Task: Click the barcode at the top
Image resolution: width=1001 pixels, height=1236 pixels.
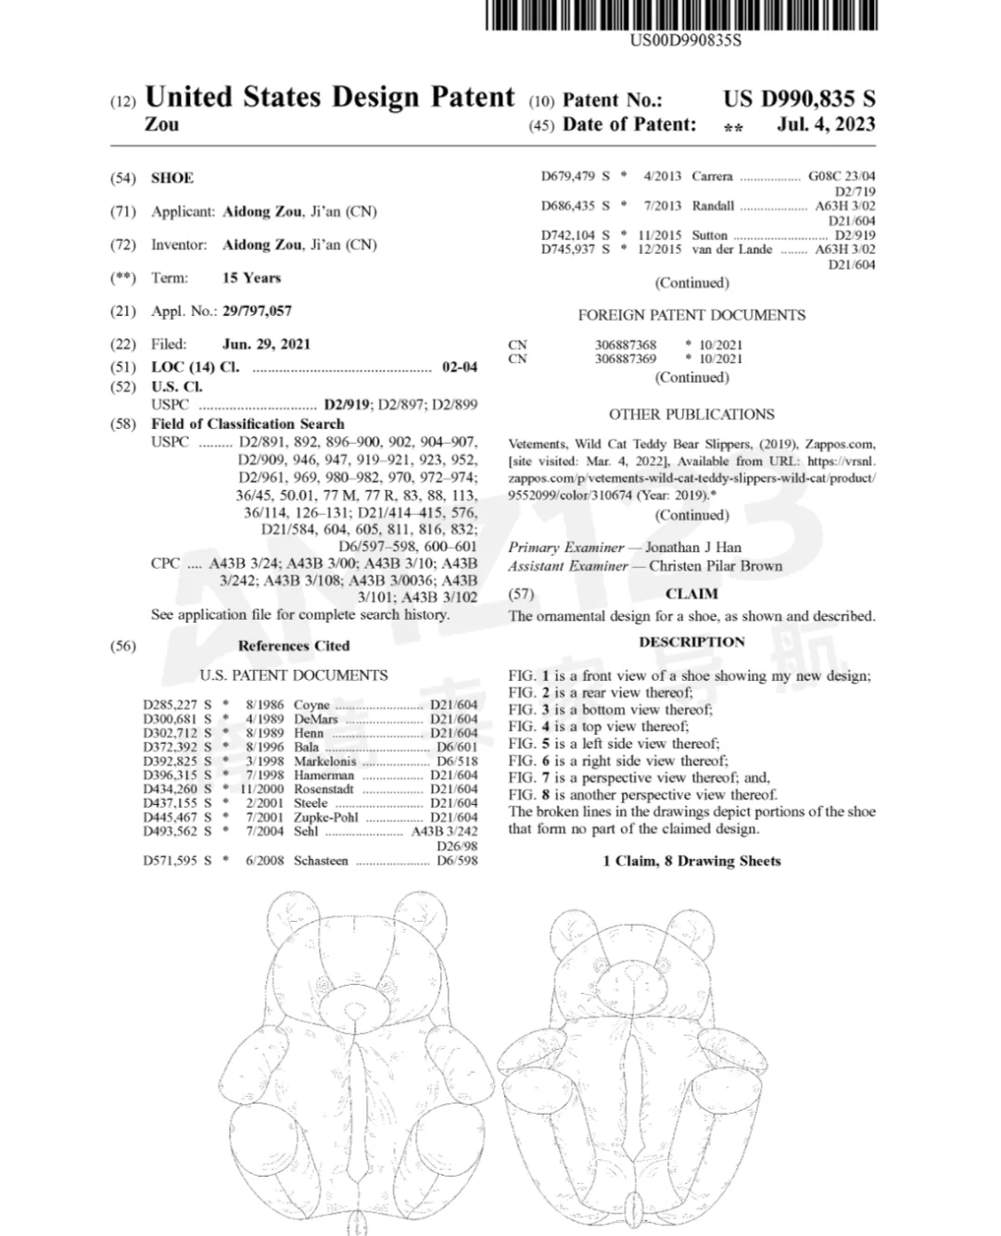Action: click(681, 16)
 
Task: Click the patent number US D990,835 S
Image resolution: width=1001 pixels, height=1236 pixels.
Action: click(799, 99)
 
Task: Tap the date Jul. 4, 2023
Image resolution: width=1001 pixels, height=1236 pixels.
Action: click(826, 124)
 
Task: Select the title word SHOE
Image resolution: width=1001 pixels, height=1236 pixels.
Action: click(172, 178)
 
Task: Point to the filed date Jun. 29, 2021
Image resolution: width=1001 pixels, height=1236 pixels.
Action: click(267, 344)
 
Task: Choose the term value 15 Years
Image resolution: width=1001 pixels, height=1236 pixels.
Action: click(251, 278)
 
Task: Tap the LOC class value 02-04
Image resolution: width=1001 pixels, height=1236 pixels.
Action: click(460, 367)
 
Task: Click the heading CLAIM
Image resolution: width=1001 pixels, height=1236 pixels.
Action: click(691, 594)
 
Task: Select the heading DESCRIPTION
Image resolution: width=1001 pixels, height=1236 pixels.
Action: click(691, 641)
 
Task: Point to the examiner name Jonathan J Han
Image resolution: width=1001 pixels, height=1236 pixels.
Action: click(693, 548)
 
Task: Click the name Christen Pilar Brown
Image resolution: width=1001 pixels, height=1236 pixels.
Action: click(716, 566)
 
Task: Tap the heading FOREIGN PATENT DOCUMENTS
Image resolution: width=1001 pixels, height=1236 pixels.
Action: click(691, 315)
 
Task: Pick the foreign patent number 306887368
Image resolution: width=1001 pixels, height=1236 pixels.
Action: click(626, 345)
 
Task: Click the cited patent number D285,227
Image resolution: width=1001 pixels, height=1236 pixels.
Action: click(171, 705)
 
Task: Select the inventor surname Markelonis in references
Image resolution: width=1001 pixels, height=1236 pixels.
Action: click(324, 762)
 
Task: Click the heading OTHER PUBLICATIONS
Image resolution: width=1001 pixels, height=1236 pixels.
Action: click(691, 414)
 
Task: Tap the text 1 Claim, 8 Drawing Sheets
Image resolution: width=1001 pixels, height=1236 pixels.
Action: click(691, 861)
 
